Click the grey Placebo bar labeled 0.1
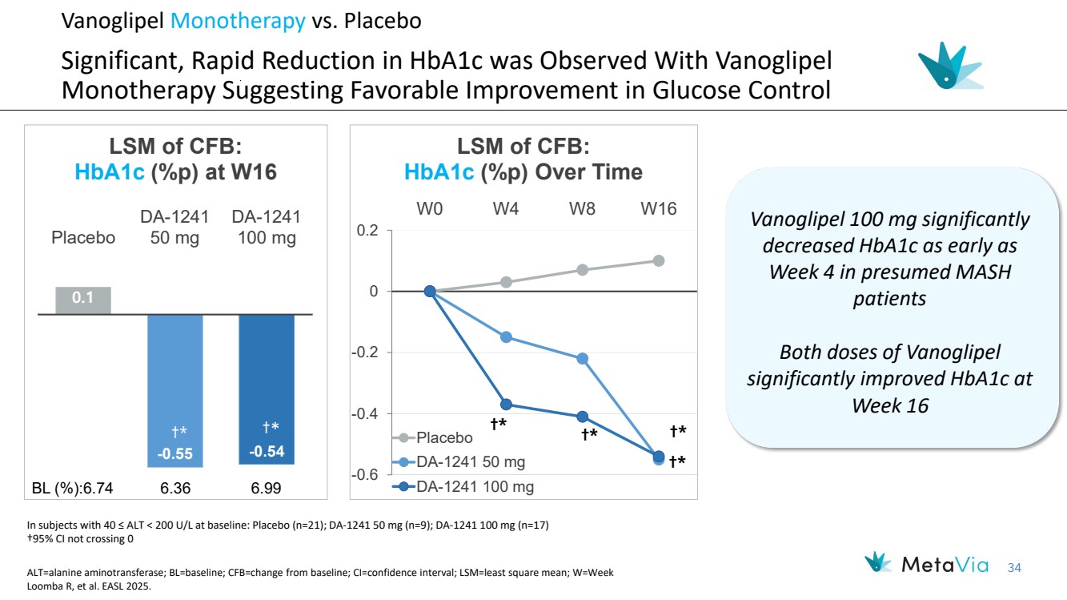click(83, 300)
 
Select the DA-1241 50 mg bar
click(174, 390)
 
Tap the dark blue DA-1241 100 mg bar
click(267, 389)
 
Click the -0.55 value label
click(174, 453)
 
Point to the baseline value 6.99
click(267, 488)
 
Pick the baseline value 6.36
click(174, 488)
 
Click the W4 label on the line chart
click(506, 209)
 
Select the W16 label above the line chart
click(658, 209)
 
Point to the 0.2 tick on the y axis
click(367, 231)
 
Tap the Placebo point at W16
click(659, 260)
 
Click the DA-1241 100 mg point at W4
click(506, 405)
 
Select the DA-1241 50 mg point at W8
click(582, 358)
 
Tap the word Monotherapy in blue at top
click(238, 21)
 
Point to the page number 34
click(1014, 568)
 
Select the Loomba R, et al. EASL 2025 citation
click(89, 586)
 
